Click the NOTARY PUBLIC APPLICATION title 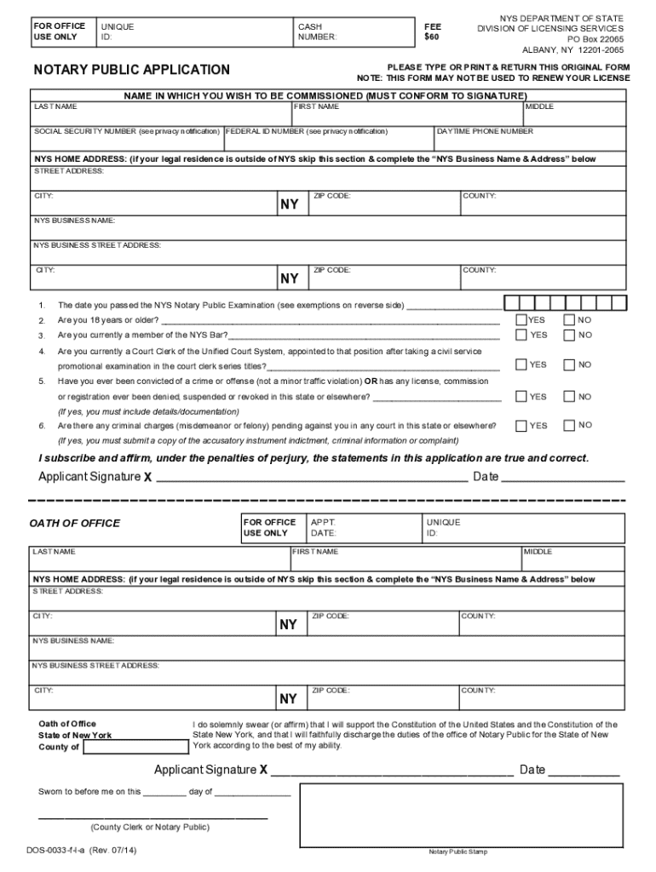point(131,70)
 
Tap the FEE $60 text point(432,32)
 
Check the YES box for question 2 point(521,320)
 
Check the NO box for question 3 point(568,336)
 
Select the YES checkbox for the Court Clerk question point(521,364)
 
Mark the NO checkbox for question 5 point(568,397)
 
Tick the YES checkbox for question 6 point(521,425)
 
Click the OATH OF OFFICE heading point(75,523)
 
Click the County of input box point(136,747)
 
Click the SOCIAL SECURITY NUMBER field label point(127,132)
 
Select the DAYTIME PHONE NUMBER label point(486,132)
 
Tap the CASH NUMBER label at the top point(317,32)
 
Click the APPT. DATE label point(324,527)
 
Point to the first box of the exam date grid point(510,303)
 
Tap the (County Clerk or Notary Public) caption point(149,827)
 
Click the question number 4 point(41,351)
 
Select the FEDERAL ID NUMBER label point(307,132)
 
